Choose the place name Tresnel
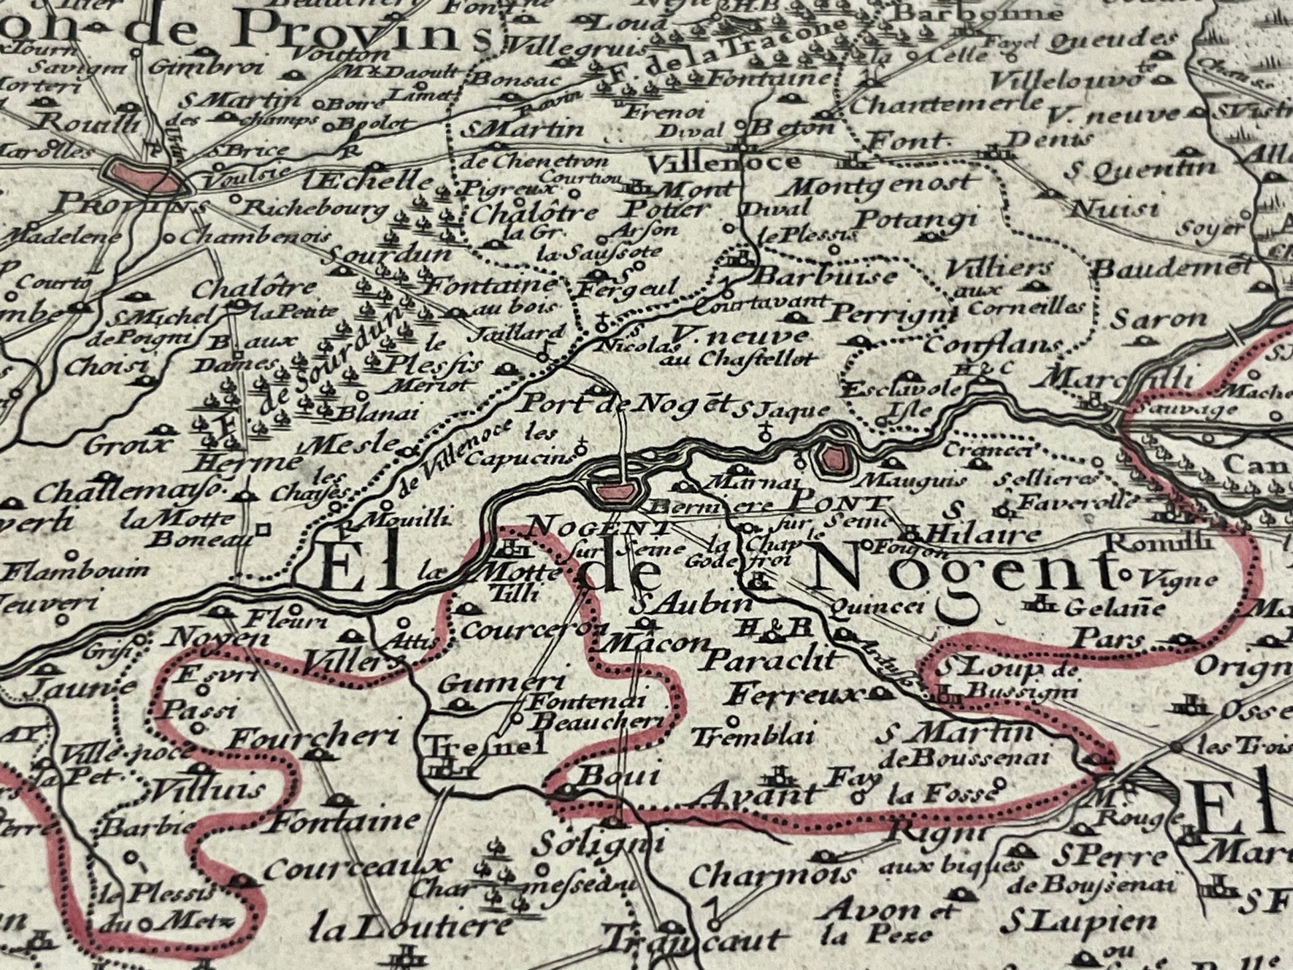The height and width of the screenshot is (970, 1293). [485, 744]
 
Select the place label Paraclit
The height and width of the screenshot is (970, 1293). [767, 660]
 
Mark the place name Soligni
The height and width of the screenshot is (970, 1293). [599, 844]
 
